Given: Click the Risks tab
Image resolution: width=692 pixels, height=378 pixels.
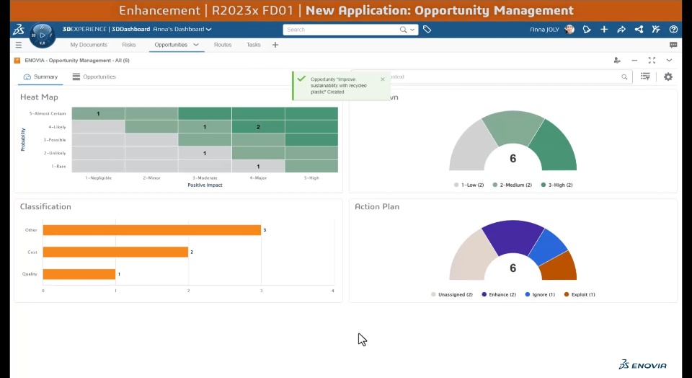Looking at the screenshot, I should point(129,45).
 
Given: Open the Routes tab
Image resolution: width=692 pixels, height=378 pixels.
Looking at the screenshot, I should point(223,45).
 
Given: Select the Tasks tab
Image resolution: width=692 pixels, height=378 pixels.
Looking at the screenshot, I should point(254,45).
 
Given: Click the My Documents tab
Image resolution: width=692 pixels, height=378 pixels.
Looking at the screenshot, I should point(89,45).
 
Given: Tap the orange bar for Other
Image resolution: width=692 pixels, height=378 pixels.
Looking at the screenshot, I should point(151,230).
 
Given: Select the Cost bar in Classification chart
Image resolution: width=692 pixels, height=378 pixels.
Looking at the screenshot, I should point(115,252).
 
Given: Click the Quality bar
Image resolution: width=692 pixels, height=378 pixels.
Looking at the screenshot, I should point(79,274).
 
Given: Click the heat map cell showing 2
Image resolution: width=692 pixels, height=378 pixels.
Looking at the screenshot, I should point(258,127).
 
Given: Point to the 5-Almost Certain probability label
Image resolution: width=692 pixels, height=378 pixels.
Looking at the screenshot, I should point(48,113).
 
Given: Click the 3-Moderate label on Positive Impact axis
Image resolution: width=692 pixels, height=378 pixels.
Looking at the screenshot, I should point(205,177).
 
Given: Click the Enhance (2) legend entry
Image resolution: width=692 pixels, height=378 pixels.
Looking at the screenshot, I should point(500,294).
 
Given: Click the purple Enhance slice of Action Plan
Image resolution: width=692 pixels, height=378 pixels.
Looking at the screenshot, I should point(511,235).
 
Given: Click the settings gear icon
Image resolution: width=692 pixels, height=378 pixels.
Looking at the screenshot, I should point(668,76).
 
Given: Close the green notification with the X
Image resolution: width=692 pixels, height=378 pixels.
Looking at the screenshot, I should point(383,79).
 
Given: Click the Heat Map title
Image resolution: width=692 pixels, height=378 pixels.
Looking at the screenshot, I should point(39,97).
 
